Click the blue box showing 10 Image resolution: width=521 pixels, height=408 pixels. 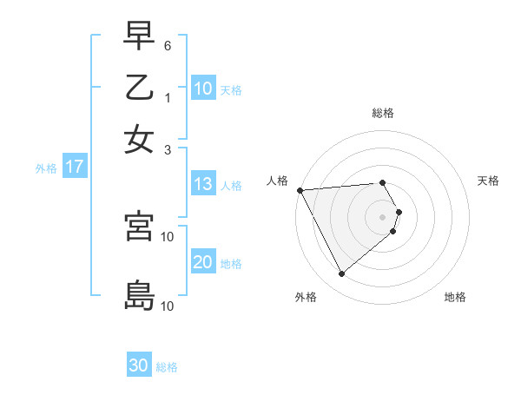203,89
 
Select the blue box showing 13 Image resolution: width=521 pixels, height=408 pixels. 203,185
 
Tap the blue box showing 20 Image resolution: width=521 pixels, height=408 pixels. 203,263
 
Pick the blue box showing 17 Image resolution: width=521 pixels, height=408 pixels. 74,168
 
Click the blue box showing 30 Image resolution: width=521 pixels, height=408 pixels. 139,366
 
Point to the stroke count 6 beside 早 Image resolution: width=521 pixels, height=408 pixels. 168,45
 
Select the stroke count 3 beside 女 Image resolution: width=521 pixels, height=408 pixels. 168,149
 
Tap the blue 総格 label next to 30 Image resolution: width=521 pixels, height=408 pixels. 167,367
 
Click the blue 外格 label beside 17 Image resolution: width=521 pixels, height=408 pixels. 46,168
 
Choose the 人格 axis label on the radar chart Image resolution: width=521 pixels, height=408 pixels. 278,181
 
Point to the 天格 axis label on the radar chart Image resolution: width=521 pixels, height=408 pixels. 489,181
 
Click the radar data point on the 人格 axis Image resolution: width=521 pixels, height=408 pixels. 300,190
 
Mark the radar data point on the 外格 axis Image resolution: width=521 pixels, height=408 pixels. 341,274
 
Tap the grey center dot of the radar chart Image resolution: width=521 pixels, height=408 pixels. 383,215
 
